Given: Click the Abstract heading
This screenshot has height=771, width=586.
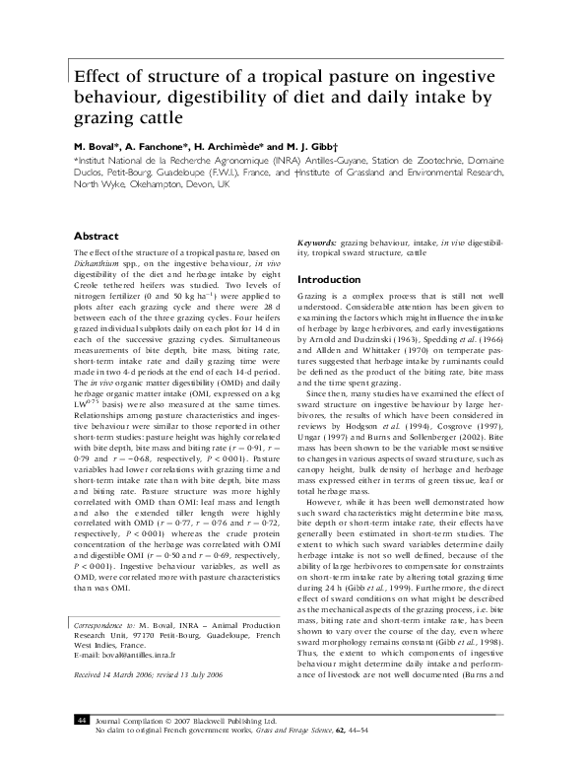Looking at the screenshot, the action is pyautogui.click(x=97, y=237).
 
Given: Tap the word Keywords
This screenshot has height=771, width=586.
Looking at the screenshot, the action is pyautogui.click(x=317, y=242).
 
